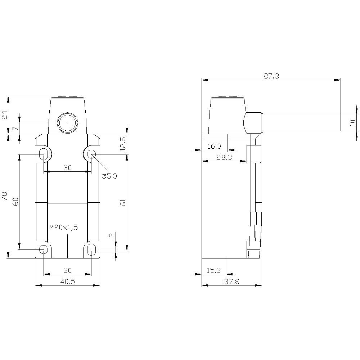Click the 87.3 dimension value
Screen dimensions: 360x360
point(271,76)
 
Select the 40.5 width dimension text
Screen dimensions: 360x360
point(67,282)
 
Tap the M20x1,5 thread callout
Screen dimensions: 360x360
point(63,227)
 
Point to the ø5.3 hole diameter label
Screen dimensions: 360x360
point(109,176)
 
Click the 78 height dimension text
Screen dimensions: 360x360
point(4,196)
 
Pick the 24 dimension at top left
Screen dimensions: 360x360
point(4,115)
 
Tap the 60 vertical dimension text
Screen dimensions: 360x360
point(15,202)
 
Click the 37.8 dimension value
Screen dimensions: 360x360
point(231,282)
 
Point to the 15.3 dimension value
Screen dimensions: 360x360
point(213,270)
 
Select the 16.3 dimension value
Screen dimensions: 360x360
point(215,146)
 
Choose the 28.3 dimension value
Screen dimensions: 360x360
point(224,157)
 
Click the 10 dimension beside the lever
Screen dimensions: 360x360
point(353,122)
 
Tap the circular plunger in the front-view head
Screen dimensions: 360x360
point(67,123)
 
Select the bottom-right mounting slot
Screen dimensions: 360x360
point(92,249)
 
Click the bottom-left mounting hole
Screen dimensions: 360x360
point(44,249)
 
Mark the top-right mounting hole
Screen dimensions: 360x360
point(91,154)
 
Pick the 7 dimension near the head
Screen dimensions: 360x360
point(14,129)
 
